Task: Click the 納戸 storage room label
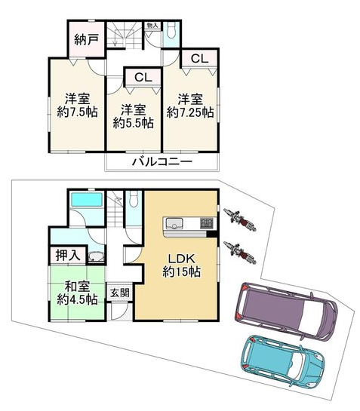(x=86, y=40)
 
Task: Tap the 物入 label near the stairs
(x=152, y=26)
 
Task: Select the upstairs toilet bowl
(x=171, y=30)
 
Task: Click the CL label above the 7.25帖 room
(x=200, y=59)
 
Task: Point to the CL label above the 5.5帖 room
(x=143, y=78)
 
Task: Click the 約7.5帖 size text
(x=77, y=112)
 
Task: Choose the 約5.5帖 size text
(x=134, y=123)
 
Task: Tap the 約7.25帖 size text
(x=190, y=112)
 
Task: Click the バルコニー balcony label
(x=162, y=161)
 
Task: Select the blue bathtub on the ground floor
(x=87, y=200)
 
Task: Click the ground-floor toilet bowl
(x=134, y=199)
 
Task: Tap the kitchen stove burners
(x=207, y=223)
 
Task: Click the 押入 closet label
(x=68, y=255)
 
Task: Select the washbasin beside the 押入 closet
(x=97, y=256)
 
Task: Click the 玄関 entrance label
(x=120, y=293)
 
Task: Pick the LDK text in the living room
(x=181, y=259)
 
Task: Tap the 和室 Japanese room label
(x=77, y=287)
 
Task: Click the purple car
(x=286, y=311)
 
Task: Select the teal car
(x=282, y=361)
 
